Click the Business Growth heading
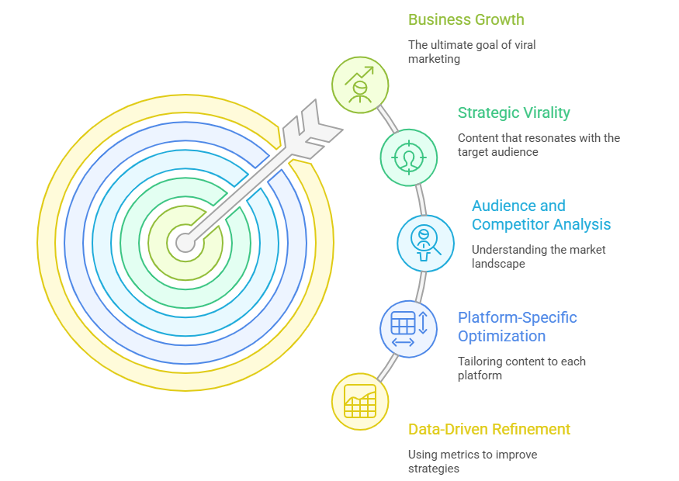point(466,19)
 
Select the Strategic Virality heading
point(514,112)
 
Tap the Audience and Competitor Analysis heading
point(541,215)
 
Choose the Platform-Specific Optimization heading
point(517,327)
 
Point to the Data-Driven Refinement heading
point(489,429)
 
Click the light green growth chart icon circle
point(360,84)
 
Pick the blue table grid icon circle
point(408,329)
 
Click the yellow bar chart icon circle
point(359,400)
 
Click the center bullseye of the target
point(185,243)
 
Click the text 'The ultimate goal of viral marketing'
point(471,52)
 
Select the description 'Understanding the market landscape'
point(538,257)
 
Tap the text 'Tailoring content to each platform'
point(521,369)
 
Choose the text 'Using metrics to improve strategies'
point(473,462)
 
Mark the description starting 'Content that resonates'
point(539,145)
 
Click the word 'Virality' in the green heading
point(546,112)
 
